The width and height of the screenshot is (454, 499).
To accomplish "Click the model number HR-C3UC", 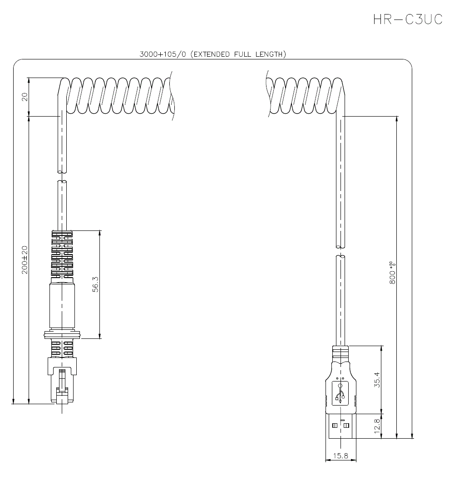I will click(x=407, y=19).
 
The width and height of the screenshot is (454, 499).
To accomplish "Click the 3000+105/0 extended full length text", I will click(x=212, y=54).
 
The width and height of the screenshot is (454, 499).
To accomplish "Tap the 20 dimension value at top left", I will click(x=25, y=97).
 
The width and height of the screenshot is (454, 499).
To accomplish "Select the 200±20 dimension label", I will click(x=25, y=259).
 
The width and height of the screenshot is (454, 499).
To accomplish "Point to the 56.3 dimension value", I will click(x=95, y=284).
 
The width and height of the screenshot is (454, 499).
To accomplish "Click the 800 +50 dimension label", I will click(x=393, y=273).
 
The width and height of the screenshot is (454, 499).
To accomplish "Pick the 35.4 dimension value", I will click(x=376, y=379).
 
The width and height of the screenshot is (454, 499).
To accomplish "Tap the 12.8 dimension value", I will click(x=376, y=426).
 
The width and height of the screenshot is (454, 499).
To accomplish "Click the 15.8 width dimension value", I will click(x=340, y=456).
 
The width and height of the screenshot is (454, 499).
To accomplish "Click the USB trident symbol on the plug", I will click(x=340, y=393).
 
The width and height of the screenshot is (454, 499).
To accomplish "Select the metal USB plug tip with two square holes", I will click(x=340, y=426).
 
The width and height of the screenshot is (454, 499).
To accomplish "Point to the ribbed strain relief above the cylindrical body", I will click(x=62, y=254).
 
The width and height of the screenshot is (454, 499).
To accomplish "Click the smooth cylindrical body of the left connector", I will click(x=62, y=306).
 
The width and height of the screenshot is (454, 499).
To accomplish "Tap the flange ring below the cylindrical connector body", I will click(x=62, y=335).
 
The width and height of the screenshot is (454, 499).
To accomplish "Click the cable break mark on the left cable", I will click(x=62, y=177).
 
